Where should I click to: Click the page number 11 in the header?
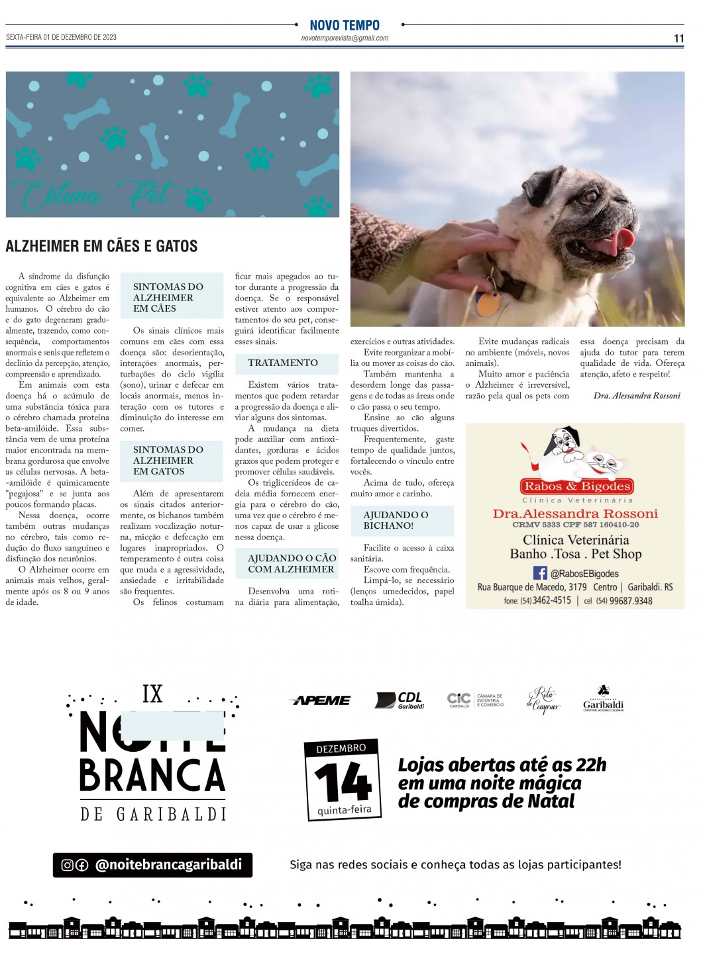pos(678,38)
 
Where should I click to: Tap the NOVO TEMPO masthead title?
pos(345,25)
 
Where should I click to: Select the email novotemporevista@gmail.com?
pos(345,38)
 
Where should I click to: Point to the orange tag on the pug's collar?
pos(490,303)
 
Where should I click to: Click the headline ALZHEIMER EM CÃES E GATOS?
pos(101,246)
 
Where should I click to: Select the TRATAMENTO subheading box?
pos(284,363)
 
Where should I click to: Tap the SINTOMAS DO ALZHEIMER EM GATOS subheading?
pos(168,461)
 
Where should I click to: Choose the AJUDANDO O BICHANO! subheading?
pos(396,520)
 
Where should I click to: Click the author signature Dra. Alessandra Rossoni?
pos(637,396)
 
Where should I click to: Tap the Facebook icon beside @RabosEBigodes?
pos(540,573)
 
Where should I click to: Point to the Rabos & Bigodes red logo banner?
pos(578,486)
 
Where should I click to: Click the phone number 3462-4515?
pos(552,601)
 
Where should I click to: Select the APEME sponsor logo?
pos(322,700)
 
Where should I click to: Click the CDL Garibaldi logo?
pos(400,700)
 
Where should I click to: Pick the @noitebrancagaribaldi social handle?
pos(169,864)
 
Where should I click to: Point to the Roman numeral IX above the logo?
pos(152,694)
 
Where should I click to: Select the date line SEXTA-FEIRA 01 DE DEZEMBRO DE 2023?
pos(62,37)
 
